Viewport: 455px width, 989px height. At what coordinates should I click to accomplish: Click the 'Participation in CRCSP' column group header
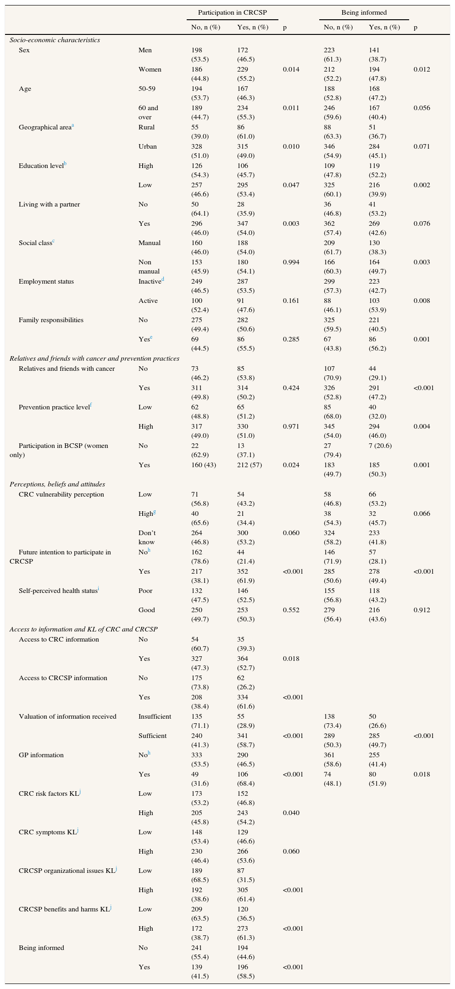pos(232,12)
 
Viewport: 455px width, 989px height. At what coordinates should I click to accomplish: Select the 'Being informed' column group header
pos(364,12)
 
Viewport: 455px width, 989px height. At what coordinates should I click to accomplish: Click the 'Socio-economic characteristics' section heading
pos(55,40)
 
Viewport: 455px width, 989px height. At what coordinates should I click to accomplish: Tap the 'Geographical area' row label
pos(44,127)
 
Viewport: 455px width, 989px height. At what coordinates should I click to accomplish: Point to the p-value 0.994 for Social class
pos(291,262)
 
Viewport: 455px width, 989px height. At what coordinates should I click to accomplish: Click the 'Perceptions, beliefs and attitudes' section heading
pos(57,484)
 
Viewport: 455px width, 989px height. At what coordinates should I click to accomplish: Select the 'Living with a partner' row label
pos(49,204)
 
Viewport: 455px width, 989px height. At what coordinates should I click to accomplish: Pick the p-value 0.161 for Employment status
pos(291,301)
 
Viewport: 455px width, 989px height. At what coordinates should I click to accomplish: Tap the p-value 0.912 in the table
pos(422,610)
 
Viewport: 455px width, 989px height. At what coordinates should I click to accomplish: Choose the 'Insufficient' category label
pos(155,716)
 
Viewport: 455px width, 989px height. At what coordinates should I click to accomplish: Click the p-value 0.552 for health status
pos(291,610)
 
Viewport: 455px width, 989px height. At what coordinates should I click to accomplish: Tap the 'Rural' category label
pos(146,127)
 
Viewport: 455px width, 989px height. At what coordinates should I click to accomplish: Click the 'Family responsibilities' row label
pos(51,320)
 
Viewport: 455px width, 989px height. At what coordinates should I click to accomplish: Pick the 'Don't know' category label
pos(148,537)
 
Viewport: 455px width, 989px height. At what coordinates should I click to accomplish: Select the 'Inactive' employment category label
pos(150,281)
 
